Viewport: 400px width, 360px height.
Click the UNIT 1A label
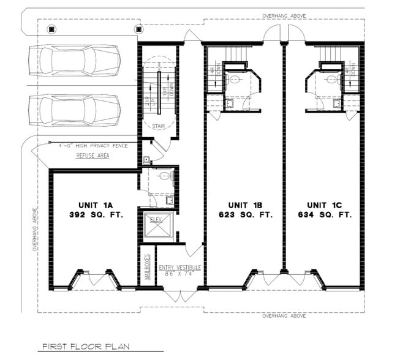click(x=92, y=204)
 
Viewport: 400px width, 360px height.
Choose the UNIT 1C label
click(x=325, y=204)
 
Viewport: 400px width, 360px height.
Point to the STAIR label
click(x=159, y=127)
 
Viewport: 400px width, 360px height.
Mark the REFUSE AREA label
click(x=92, y=156)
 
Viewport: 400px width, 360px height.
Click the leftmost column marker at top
click(x=51, y=28)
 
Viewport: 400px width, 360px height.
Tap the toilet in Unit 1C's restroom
click(x=331, y=78)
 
